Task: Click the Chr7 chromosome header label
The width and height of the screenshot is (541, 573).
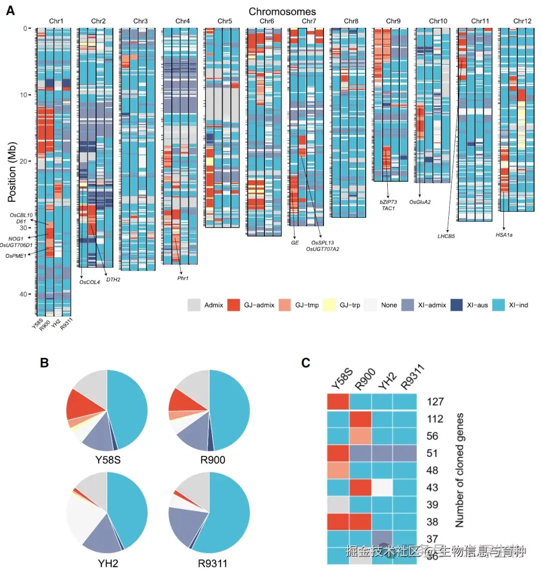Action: click(x=309, y=21)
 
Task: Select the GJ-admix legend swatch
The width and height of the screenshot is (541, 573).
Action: click(x=234, y=305)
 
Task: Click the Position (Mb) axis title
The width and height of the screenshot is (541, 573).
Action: click(x=12, y=172)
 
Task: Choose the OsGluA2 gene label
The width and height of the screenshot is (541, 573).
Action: click(x=420, y=202)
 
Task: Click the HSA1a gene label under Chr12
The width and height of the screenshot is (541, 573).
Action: click(x=504, y=235)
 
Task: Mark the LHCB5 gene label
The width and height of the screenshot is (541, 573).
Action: click(x=446, y=236)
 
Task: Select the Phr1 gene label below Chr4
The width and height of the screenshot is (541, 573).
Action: click(x=183, y=278)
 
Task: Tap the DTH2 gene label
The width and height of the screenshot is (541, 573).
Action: click(x=113, y=280)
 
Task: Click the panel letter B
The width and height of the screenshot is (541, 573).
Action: click(x=45, y=363)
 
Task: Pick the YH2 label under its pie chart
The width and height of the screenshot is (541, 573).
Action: click(x=108, y=563)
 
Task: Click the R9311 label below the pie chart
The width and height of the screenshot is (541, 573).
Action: click(x=212, y=563)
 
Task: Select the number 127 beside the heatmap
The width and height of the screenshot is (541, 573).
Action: click(x=435, y=402)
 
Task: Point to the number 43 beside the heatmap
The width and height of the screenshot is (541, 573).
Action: click(x=432, y=487)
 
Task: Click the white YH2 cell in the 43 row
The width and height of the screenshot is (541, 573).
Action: click(x=383, y=487)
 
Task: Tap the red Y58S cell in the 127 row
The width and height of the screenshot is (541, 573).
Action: click(x=338, y=402)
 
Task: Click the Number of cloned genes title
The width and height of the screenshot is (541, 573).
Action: click(x=459, y=470)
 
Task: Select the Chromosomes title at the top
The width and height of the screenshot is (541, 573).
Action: click(x=282, y=11)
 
